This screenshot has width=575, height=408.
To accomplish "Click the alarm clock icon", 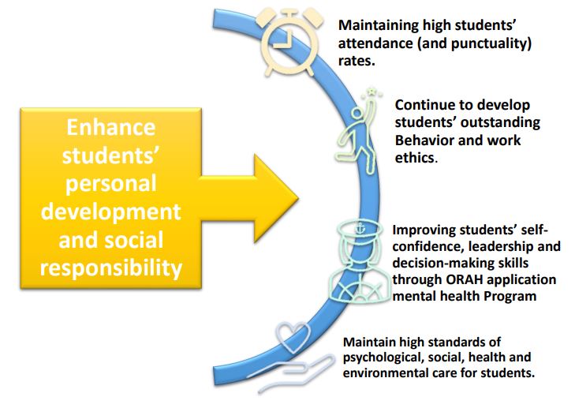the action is pos(289,41).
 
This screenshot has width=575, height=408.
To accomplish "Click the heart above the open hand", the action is pos(293,335).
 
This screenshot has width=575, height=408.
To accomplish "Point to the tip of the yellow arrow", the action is pos(298,199).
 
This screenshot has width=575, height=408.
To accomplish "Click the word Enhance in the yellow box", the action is pos(110,128).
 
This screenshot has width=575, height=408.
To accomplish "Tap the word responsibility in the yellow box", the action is pos(110,268).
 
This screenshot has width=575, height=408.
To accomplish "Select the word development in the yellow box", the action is pos(110,211).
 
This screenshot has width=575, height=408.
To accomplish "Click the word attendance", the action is pos(375,43).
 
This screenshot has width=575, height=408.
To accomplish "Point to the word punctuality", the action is pos(489,43).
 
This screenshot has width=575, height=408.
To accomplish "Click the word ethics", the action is pos(414,158).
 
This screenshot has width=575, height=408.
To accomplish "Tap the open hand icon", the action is pos(289,372).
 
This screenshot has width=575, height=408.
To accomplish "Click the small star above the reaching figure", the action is pos(372,91).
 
